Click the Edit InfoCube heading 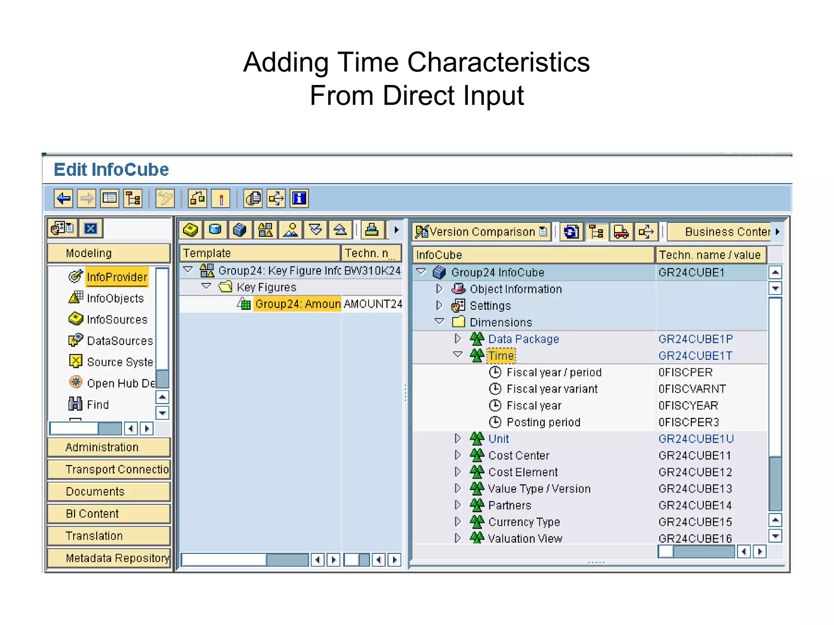(x=111, y=169)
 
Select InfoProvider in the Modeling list (x=116, y=277)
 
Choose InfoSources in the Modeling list (x=117, y=320)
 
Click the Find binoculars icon (x=75, y=404)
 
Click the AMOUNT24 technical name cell (x=372, y=304)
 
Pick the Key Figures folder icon (x=226, y=287)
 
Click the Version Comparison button (x=481, y=232)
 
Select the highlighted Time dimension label (x=501, y=356)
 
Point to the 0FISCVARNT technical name (x=692, y=389)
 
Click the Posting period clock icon (x=495, y=422)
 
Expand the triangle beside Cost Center (x=458, y=455)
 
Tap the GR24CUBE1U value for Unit (x=696, y=439)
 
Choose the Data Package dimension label (x=523, y=339)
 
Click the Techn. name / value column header (x=710, y=255)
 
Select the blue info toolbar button (x=299, y=199)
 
